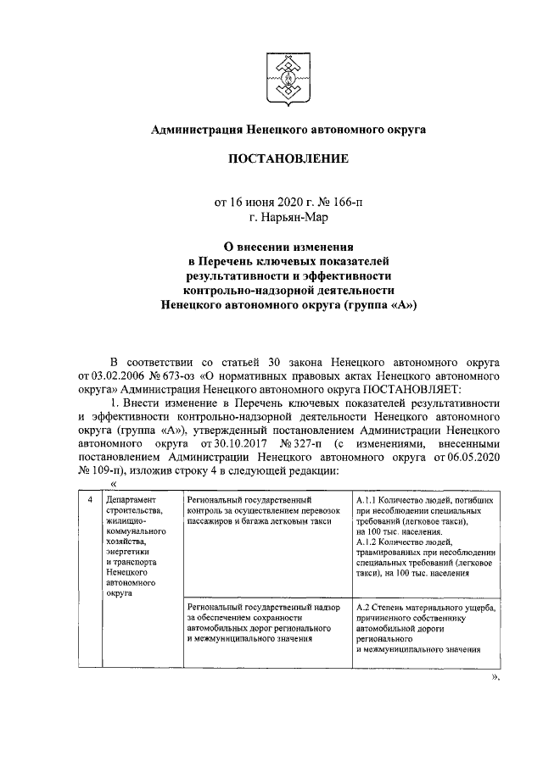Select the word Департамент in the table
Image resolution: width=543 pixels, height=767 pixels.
[x=132, y=501]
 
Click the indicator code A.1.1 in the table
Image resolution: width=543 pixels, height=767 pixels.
[x=368, y=501]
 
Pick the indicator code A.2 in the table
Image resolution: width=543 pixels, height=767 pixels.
[x=363, y=608]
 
